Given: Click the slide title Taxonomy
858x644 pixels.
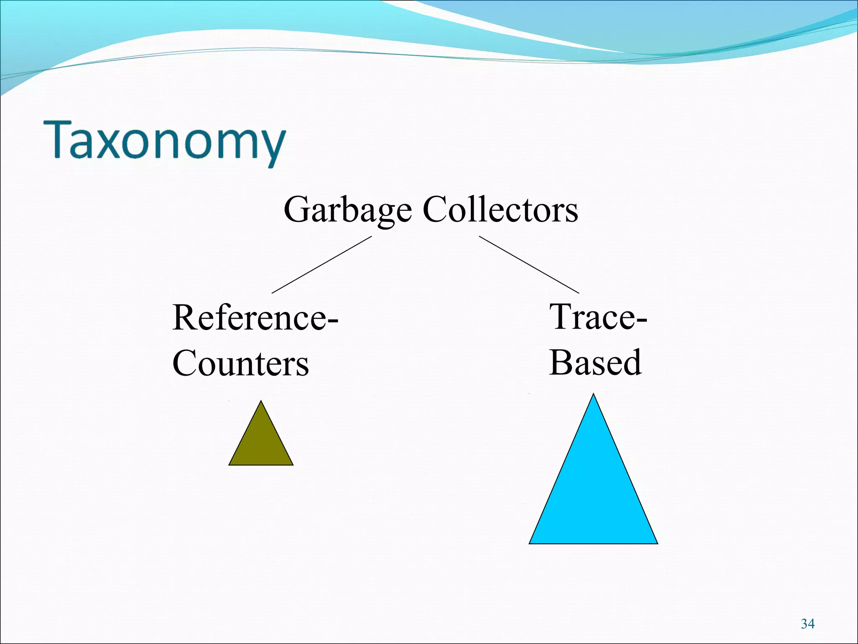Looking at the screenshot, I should pyautogui.click(x=164, y=140).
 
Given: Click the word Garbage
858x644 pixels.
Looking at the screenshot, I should pyautogui.click(x=347, y=210).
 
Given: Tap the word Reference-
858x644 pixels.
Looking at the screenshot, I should pyautogui.click(x=255, y=317).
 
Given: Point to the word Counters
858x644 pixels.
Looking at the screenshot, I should pyautogui.click(x=240, y=363).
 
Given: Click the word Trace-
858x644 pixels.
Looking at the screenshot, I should pyautogui.click(x=598, y=317).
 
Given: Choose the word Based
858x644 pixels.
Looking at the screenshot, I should pyautogui.click(x=595, y=362).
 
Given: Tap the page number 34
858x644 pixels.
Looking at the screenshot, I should pyautogui.click(x=808, y=624).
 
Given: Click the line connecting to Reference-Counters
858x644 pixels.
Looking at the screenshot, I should pyautogui.click(x=321, y=265).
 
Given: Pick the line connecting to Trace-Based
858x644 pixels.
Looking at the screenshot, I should pyautogui.click(x=529, y=265).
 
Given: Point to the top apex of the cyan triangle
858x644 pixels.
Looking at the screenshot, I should pyautogui.click(x=593, y=395).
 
